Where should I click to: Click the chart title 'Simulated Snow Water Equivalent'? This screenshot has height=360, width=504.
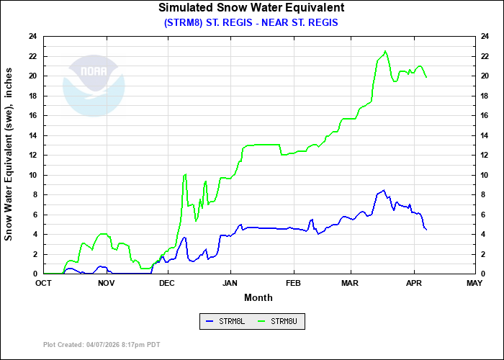[251, 8]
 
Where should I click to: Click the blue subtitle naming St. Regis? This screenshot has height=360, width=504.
[251, 22]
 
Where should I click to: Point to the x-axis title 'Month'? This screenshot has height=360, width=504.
[258, 297]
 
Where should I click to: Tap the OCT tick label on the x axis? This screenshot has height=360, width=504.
[44, 283]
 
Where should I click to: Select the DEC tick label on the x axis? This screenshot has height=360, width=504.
[167, 283]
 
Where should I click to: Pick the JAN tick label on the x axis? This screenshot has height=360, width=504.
[231, 283]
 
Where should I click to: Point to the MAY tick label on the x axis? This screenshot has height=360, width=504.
[474, 283]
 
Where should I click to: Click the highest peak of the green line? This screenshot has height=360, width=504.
[385, 51]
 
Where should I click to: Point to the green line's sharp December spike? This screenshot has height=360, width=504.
[186, 174]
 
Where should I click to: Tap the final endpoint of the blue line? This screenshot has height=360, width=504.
[426, 230]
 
